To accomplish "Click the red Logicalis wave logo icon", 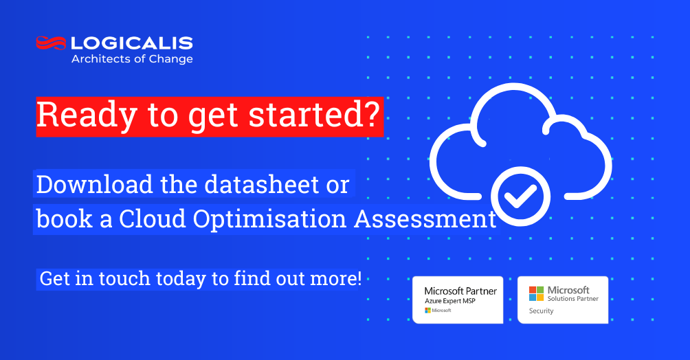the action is (x=51, y=43).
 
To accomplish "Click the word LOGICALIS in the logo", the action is (x=132, y=43).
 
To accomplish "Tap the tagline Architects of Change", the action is (x=132, y=59).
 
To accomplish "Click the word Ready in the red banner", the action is (x=87, y=115).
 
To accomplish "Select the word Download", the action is (x=94, y=184).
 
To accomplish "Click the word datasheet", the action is (x=261, y=184).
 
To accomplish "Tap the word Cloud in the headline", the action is (x=153, y=218).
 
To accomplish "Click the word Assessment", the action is (x=425, y=218).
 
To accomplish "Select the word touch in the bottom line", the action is (x=124, y=278).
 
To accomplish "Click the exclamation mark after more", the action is (x=359, y=278).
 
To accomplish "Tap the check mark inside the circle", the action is (x=520, y=196).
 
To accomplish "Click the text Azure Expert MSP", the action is (x=449, y=301).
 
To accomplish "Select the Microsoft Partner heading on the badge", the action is (x=460, y=291).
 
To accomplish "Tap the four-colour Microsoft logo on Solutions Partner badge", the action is (x=537, y=293).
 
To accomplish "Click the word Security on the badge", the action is (x=541, y=311).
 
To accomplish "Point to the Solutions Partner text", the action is (x=573, y=298).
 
